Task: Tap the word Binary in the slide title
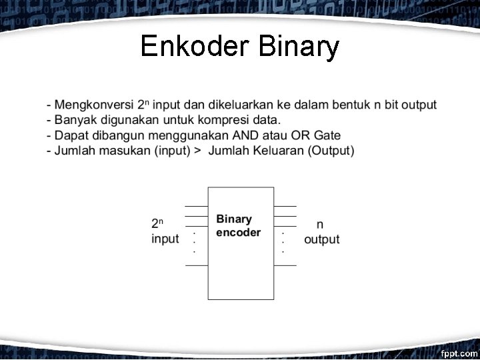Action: [x=298, y=47]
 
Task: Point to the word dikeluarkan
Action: [x=235, y=105]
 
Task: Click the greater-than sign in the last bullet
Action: [x=197, y=151]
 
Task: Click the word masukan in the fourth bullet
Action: [x=126, y=151]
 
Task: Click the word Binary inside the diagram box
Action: [x=234, y=219]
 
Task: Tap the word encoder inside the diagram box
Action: [x=238, y=233]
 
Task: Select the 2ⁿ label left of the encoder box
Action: [x=157, y=224]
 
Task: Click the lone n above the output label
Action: [x=320, y=225]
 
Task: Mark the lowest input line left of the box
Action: [x=196, y=265]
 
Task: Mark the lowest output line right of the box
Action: [x=285, y=265]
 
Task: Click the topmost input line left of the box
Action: [x=196, y=207]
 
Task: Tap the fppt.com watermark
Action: [x=459, y=351]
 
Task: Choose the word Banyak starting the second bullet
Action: [x=75, y=120]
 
